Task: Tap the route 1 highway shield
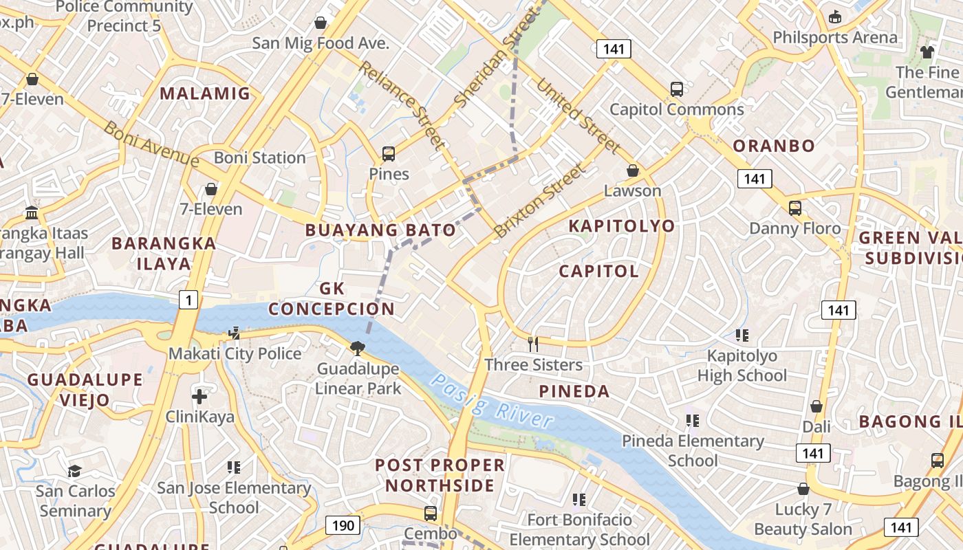188,299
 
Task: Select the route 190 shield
343,526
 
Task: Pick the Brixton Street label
543,200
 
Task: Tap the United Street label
578,115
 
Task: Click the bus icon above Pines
389,154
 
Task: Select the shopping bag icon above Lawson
632,170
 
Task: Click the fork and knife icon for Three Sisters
532,344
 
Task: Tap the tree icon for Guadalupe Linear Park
357,349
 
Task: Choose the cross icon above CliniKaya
199,396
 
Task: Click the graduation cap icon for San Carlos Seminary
74,471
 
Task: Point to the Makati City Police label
235,354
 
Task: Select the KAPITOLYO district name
622,226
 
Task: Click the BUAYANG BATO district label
380,230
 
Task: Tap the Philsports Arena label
835,37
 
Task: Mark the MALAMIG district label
205,93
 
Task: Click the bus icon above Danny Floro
794,208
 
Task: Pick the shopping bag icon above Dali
816,406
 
